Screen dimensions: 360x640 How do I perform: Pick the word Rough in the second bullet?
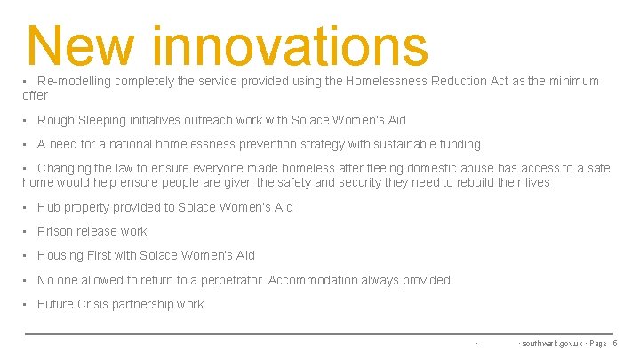pos(56,120)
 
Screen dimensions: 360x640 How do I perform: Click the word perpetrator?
pos(230,280)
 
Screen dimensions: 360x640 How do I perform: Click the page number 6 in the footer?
pos(614,342)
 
